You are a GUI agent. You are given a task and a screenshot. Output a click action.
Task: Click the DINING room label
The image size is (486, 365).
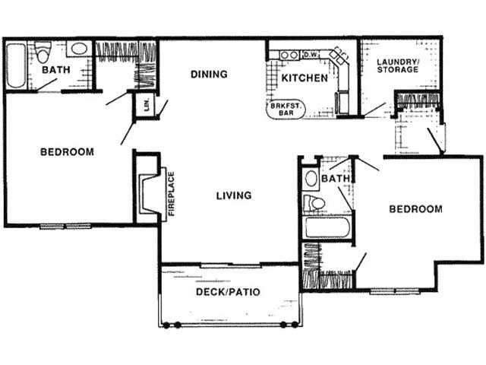point(209,74)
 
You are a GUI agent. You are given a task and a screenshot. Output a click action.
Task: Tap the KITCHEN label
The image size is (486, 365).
point(305,78)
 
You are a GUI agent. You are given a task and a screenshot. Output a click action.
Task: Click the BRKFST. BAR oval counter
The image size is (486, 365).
point(286,109)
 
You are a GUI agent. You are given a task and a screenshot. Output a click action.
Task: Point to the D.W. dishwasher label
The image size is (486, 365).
point(311,55)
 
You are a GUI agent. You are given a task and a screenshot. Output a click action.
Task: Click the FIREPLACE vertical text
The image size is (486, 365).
point(172,193)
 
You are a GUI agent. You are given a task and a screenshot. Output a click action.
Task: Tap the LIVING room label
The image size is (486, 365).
point(233,195)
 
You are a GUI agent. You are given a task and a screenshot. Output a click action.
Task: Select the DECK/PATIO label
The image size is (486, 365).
point(229,291)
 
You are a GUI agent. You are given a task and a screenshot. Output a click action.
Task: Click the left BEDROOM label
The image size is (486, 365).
point(67,152)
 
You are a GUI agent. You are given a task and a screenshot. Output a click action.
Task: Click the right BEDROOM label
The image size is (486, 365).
point(415,209)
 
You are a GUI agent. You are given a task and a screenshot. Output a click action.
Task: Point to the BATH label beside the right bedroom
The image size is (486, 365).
point(334,179)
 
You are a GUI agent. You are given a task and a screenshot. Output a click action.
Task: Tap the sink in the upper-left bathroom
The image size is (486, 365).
point(77,49)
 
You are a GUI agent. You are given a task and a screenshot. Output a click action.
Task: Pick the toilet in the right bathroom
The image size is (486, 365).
point(313,203)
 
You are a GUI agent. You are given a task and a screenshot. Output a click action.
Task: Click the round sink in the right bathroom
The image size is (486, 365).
point(310,179)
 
